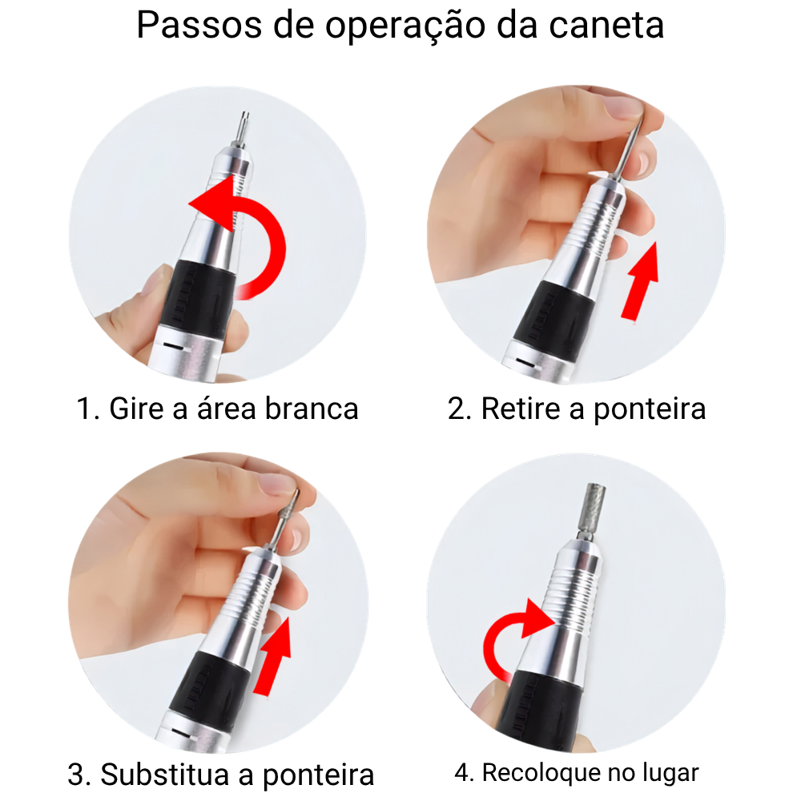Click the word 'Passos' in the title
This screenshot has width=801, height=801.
pos(199,25)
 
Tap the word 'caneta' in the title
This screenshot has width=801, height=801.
pos(606,26)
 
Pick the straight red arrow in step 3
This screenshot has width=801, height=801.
pos(273,657)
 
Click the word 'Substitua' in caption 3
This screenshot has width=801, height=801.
pos(164,774)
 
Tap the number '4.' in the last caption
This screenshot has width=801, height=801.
pos(465,773)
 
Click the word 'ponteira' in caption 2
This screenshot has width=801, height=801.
pos(650,409)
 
